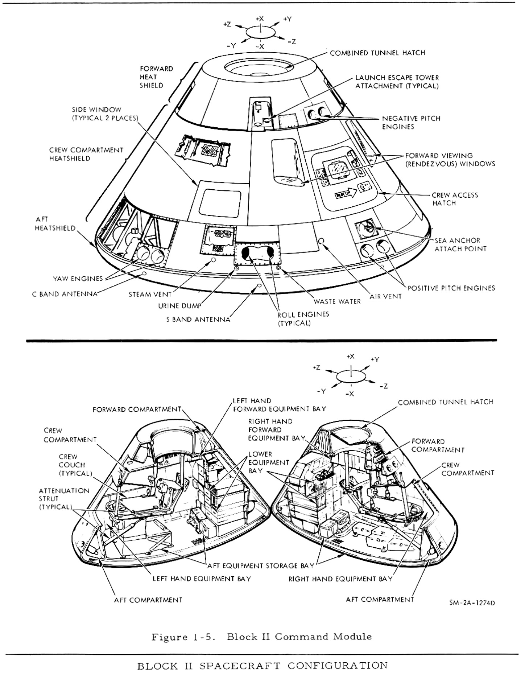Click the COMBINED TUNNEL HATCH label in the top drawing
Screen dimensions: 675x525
coord(377,53)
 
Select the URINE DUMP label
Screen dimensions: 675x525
coord(179,306)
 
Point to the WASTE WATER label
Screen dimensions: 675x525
coord(337,301)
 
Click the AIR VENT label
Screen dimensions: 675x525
coord(385,296)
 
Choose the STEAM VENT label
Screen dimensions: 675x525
coord(150,295)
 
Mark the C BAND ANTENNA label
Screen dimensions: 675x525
coord(65,294)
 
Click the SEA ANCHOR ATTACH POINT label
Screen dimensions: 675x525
coord(460,244)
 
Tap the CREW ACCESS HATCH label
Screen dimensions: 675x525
coord(455,199)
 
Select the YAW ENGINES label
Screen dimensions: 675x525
coord(78,279)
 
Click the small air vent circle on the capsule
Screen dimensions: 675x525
coord(321,241)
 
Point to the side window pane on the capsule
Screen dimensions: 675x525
coord(220,203)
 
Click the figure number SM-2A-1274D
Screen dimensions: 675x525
coord(472,603)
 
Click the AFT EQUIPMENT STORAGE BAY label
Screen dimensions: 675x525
coord(260,565)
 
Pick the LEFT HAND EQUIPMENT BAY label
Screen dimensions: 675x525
coord(202,579)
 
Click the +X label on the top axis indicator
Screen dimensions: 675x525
coord(260,18)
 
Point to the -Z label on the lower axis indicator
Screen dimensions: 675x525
coord(384,386)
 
